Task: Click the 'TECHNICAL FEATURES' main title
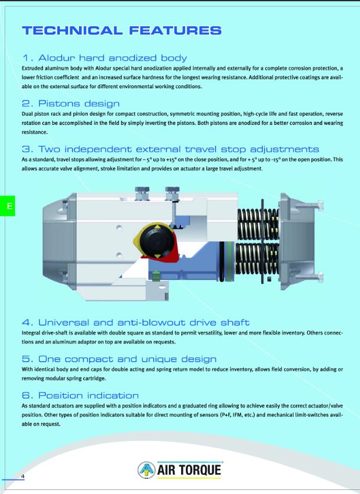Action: (x=122, y=31)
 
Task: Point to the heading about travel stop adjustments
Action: (x=170, y=149)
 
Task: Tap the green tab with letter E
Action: (x=8, y=206)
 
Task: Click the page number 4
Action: (x=23, y=476)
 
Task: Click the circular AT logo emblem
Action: (x=146, y=470)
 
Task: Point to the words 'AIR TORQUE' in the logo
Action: (x=189, y=470)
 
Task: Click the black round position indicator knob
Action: (x=156, y=241)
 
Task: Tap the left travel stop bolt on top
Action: (x=142, y=193)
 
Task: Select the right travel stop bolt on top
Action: (x=172, y=194)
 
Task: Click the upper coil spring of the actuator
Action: (x=258, y=224)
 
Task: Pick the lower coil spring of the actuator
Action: (x=257, y=259)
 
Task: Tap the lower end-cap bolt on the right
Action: (x=309, y=277)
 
